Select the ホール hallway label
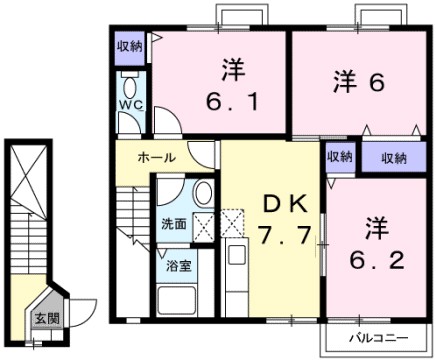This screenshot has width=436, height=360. (x=157, y=158)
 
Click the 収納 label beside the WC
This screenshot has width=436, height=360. (x=129, y=45)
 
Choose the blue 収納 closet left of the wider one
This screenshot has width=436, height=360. (x=338, y=157)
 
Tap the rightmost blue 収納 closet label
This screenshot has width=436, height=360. (x=393, y=157)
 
